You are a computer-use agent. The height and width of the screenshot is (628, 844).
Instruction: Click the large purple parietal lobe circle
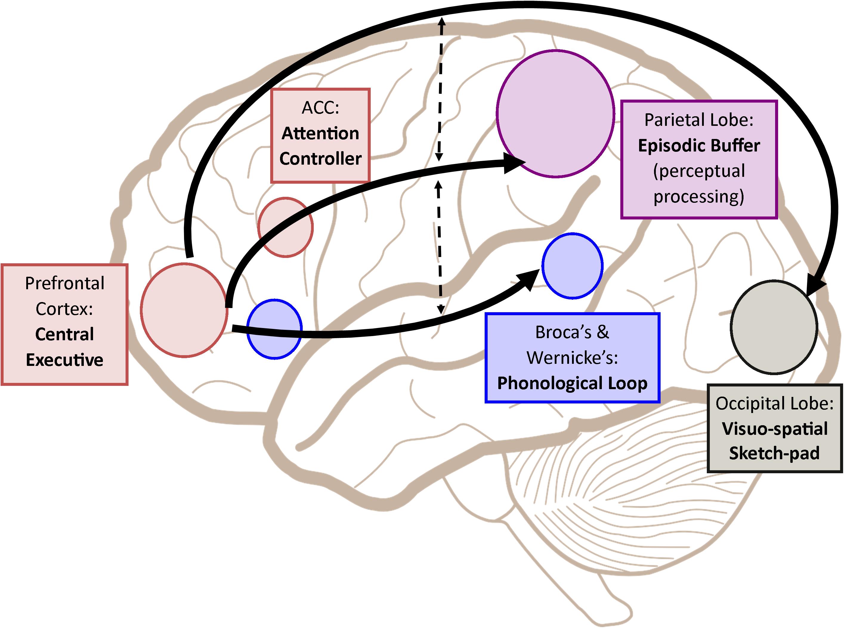555,113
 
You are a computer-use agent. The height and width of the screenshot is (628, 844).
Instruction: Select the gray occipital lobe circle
774,327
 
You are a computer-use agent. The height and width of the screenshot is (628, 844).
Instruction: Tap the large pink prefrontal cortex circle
184,310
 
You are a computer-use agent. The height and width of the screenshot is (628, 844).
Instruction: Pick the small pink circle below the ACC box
285,227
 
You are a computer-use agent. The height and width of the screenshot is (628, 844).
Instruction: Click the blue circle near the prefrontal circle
274,329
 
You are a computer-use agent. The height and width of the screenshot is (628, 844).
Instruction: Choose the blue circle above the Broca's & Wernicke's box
572,266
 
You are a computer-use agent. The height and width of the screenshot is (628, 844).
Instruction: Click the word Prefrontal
65,283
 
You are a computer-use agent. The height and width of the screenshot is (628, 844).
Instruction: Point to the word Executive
65,360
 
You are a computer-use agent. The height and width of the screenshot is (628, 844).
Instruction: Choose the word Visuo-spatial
775,429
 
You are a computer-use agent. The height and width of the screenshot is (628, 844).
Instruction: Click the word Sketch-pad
775,453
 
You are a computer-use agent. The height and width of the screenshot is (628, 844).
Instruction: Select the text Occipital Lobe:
775,403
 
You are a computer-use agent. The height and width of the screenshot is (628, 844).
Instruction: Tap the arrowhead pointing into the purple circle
513,163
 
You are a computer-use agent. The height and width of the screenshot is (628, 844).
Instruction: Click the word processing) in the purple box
698,197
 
